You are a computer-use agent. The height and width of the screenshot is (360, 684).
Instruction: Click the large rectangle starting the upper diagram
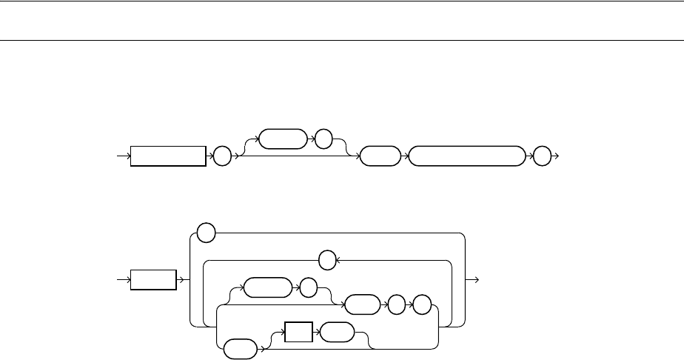click(168, 157)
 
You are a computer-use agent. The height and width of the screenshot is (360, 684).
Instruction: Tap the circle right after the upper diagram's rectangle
click(221, 157)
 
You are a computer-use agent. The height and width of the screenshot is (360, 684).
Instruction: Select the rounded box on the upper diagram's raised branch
click(283, 138)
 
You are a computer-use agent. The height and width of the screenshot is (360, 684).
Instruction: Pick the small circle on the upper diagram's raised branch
click(323, 138)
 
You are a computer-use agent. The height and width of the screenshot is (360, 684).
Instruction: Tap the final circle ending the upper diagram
click(543, 157)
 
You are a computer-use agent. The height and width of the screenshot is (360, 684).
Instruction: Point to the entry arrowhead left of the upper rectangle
click(127, 157)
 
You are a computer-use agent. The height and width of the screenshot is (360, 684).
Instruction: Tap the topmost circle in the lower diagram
click(207, 233)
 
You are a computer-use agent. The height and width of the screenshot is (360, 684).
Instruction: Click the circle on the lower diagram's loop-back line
click(327, 260)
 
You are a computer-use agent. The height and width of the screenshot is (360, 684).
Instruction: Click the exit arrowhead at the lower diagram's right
click(477, 280)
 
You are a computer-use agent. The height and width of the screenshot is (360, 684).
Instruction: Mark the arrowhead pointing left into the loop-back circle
click(338, 260)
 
